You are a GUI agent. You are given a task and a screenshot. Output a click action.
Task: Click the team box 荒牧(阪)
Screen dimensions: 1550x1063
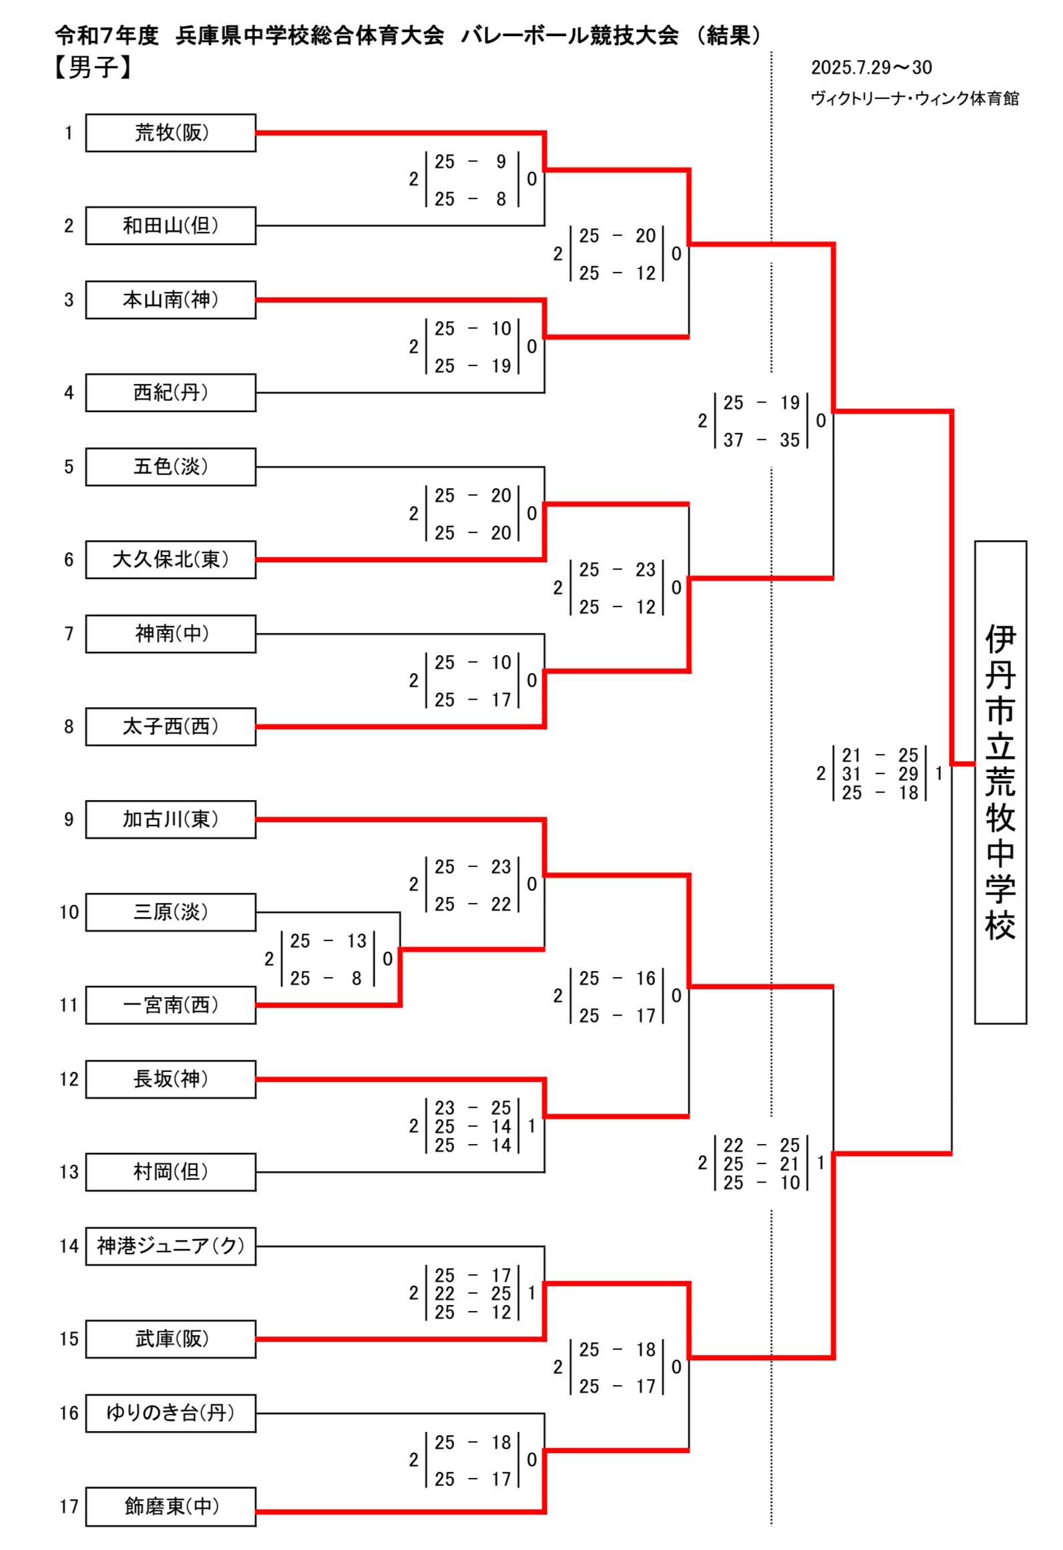pyautogui.click(x=170, y=133)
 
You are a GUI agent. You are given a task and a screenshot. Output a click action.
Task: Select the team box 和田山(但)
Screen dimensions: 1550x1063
pyautogui.click(x=170, y=226)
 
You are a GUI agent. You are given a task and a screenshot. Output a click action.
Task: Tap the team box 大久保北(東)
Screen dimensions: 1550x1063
pyautogui.click(x=170, y=560)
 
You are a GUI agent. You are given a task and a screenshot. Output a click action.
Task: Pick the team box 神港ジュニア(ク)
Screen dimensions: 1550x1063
pyautogui.click(x=170, y=1246)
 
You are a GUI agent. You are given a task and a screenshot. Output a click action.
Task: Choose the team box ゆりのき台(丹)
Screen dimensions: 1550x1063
pyautogui.click(x=170, y=1413)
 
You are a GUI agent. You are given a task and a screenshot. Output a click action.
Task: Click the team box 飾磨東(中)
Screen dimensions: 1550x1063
pyautogui.click(x=170, y=1507)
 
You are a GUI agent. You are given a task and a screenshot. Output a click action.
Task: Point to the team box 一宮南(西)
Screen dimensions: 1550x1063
pyautogui.click(x=170, y=1005)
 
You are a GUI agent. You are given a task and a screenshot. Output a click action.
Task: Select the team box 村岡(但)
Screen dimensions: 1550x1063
pyautogui.click(x=170, y=1172)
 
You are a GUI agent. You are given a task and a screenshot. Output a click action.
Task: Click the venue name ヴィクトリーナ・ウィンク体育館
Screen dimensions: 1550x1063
pyautogui.click(x=914, y=99)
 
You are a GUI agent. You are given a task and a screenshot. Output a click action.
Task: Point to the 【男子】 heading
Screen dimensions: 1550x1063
pyautogui.click(x=93, y=67)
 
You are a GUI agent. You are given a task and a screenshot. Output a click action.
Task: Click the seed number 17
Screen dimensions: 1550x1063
pyautogui.click(x=69, y=1507)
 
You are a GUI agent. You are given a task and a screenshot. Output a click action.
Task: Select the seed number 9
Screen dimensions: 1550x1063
pyautogui.click(x=69, y=819)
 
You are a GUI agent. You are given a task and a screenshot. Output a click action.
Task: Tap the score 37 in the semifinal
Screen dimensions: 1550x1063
pyautogui.click(x=732, y=440)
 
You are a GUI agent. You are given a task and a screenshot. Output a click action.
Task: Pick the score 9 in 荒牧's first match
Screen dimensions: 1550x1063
pyautogui.click(x=501, y=162)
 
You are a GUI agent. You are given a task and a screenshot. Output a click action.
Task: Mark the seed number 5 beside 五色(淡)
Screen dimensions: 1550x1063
pyautogui.click(x=69, y=467)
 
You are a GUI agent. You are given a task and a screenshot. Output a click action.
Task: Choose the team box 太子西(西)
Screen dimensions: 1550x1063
pyautogui.click(x=170, y=727)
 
